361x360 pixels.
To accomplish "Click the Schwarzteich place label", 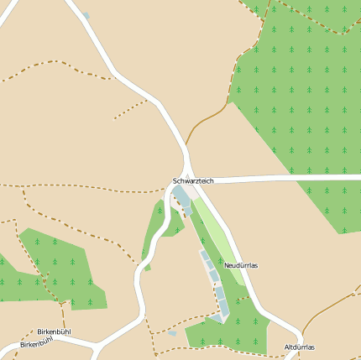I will (x=193, y=180).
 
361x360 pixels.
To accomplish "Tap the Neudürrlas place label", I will (x=241, y=265).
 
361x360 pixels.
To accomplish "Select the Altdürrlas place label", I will (x=299, y=347).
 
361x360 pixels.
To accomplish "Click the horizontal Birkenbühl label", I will (x=54, y=331).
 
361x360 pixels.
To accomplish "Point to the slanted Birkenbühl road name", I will (x=36, y=344).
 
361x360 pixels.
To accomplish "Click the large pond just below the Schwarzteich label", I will (x=180, y=197).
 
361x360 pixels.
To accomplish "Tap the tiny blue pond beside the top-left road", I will (x=86, y=16).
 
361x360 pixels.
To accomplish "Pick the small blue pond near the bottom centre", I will (x=172, y=333).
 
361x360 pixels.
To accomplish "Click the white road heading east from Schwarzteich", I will (x=277, y=178).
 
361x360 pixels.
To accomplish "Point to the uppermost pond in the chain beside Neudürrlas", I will (x=204, y=254).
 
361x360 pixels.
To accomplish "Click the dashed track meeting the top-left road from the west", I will (x=59, y=65).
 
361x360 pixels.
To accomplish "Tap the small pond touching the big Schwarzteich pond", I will (x=186, y=211).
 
